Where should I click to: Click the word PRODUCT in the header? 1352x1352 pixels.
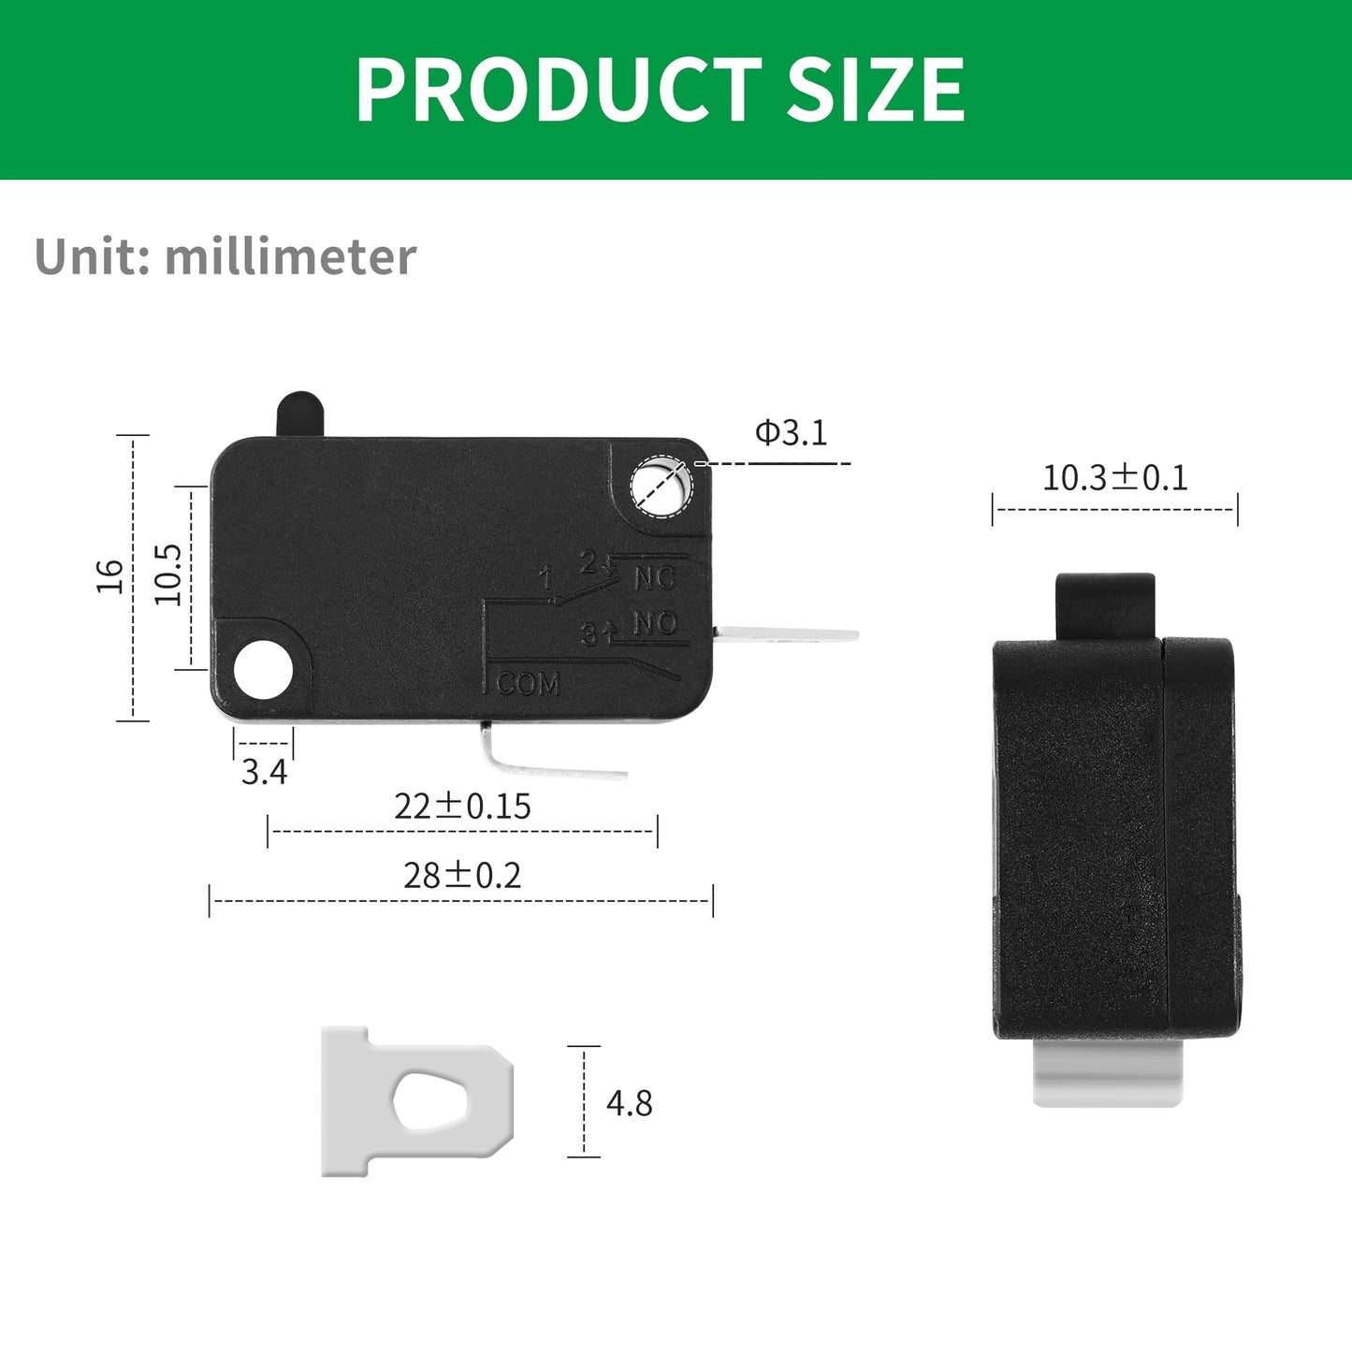(559, 90)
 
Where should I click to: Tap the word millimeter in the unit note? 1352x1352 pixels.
(290, 257)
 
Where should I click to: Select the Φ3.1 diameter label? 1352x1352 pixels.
(792, 433)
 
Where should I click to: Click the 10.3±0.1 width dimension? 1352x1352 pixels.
(1114, 478)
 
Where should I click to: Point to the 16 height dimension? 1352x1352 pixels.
(110, 575)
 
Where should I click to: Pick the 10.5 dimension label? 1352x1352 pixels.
(168, 574)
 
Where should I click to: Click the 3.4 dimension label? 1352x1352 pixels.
(264, 772)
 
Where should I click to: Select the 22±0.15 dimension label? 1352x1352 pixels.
(462, 806)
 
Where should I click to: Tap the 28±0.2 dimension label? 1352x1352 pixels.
(462, 876)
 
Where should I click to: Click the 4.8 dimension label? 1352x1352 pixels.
(630, 1103)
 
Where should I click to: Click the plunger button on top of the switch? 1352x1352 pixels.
(299, 413)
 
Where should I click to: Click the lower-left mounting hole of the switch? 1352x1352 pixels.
(263, 670)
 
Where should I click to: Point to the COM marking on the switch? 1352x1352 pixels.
(528, 684)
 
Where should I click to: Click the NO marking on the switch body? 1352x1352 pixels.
(655, 623)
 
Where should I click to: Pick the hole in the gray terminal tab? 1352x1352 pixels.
(429, 1101)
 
